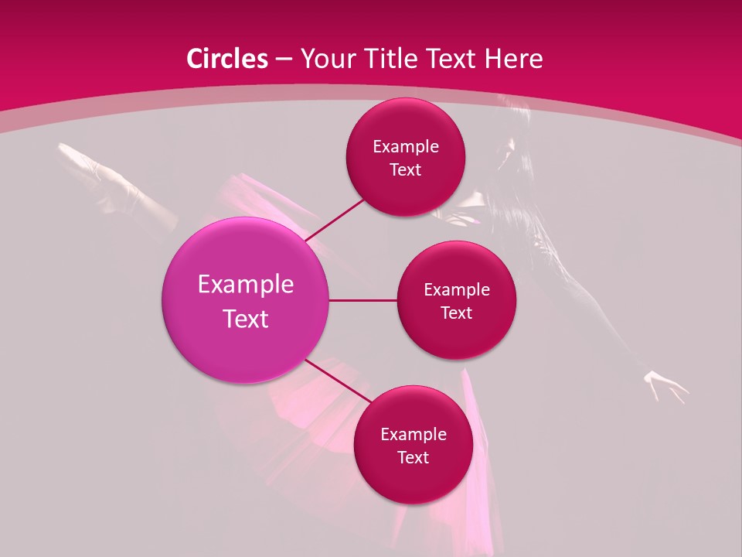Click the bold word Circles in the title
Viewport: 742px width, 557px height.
pyautogui.click(x=227, y=59)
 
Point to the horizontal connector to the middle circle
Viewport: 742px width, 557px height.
pyautogui.click(x=363, y=300)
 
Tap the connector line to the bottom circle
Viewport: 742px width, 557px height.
pyautogui.click(x=339, y=381)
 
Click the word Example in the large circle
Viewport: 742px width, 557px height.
pyautogui.click(x=245, y=285)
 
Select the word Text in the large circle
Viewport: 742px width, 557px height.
pyautogui.click(x=245, y=319)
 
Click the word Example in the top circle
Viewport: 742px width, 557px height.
pyautogui.click(x=405, y=147)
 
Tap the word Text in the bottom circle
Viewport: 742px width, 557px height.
pyautogui.click(x=413, y=457)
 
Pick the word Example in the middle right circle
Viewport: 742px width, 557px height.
pyautogui.click(x=456, y=290)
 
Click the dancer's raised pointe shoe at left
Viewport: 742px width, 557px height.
pyautogui.click(x=77, y=155)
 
